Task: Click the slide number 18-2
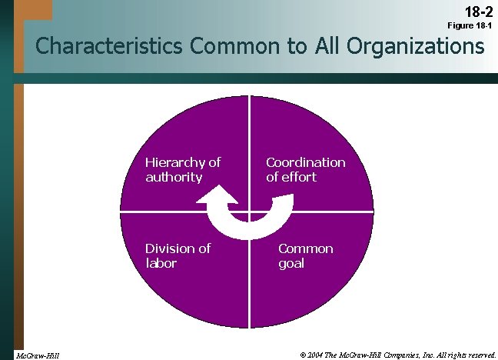tap(475, 12)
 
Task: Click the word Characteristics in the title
tap(107, 48)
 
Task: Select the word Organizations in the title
tap(410, 48)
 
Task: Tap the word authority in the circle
tap(174, 177)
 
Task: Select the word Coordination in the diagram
tap(306, 162)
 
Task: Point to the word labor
tap(161, 263)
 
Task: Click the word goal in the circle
tap(291, 263)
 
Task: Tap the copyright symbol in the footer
tap(304, 355)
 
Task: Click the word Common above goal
tap(306, 248)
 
